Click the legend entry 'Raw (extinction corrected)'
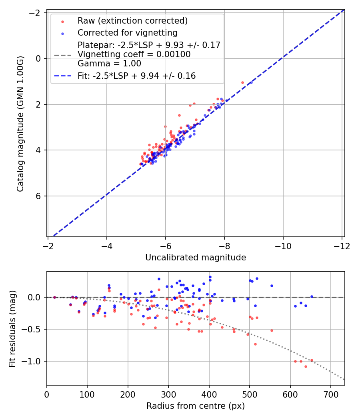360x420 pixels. pyautogui.click(x=132, y=20)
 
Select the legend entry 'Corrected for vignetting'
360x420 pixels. pyautogui.click(x=128, y=32)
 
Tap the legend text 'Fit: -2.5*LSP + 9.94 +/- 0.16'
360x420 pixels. pyautogui.click(x=137, y=76)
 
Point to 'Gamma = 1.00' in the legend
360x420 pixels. pyautogui.click(x=109, y=64)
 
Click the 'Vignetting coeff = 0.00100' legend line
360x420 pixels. pyautogui.click(x=134, y=54)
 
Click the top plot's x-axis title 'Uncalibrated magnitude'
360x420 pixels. pyautogui.click(x=196, y=258)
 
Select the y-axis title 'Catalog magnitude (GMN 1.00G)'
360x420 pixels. pyautogui.click(x=20, y=124)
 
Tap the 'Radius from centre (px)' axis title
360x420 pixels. pyautogui.click(x=196, y=406)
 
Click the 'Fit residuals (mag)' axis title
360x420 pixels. pyautogui.click(x=12, y=328)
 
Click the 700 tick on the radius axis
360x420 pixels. pyautogui.click(x=330, y=394)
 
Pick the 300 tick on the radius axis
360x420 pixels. pyautogui.click(x=168, y=394)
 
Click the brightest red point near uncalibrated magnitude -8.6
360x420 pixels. pyautogui.click(x=242, y=82)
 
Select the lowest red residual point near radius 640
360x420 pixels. pyautogui.click(x=306, y=366)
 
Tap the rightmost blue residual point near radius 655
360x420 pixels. pyautogui.click(x=312, y=296)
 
